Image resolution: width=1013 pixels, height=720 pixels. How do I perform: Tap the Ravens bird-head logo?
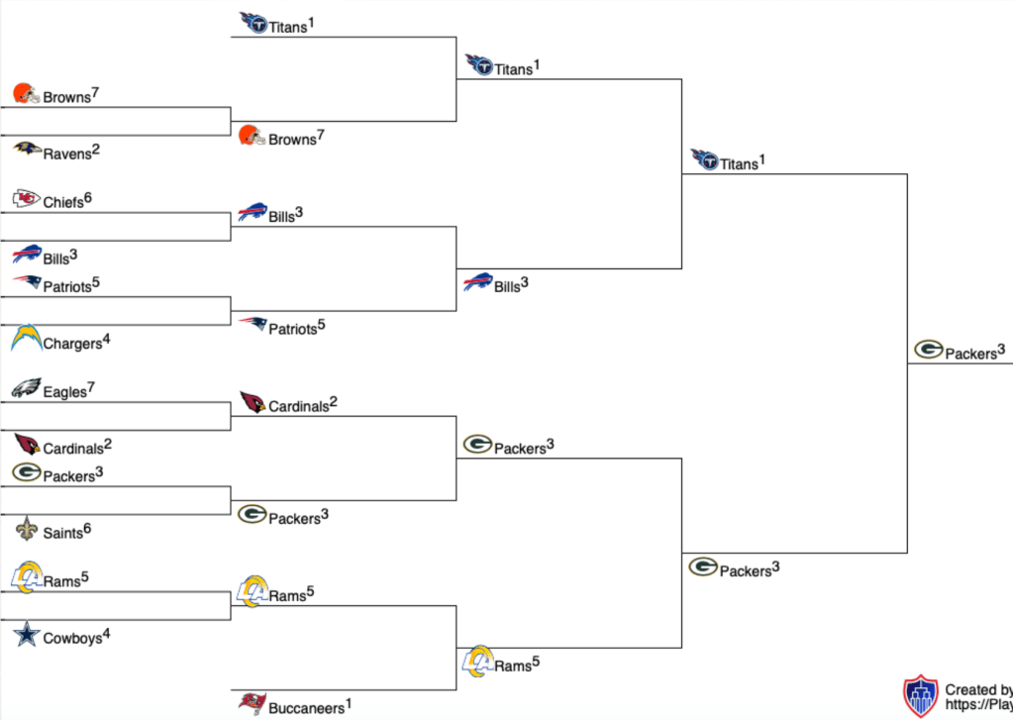(x=27, y=150)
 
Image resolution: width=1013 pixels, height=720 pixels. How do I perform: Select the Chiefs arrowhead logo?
(x=27, y=199)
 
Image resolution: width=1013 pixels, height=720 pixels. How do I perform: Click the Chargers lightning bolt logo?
(x=27, y=339)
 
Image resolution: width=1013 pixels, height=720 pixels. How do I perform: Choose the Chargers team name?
(x=72, y=345)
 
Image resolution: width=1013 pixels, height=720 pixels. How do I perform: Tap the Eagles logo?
(x=26, y=388)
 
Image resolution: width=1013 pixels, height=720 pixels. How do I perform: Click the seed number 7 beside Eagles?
(x=91, y=386)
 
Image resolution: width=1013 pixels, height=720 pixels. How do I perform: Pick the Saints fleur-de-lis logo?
(x=26, y=531)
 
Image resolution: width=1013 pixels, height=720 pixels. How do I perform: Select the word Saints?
(x=62, y=534)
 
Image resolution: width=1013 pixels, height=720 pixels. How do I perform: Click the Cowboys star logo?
(x=26, y=635)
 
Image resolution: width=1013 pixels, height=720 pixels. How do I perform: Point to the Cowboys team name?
(x=72, y=639)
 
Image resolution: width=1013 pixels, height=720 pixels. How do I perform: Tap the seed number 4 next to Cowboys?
(x=107, y=633)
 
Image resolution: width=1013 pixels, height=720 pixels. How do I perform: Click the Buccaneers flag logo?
(x=253, y=704)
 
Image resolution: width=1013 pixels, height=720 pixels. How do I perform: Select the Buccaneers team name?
(x=306, y=709)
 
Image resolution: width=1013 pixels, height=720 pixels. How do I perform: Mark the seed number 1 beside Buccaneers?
(x=350, y=703)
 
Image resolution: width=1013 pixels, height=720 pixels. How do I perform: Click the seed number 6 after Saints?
(x=87, y=529)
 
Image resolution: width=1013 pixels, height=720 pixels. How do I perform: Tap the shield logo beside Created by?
(x=920, y=696)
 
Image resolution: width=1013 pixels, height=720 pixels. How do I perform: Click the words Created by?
(x=978, y=690)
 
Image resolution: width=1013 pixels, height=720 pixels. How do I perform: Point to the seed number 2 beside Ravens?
(x=97, y=150)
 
